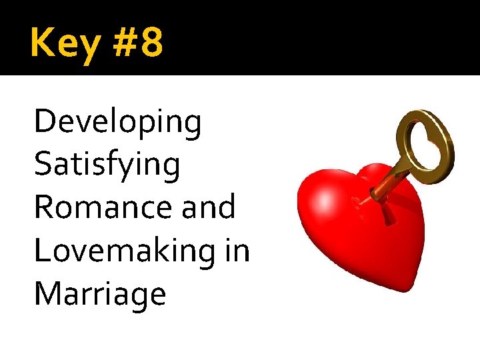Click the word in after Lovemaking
237,251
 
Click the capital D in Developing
45,121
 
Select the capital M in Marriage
49,293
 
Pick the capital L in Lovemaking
42,251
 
